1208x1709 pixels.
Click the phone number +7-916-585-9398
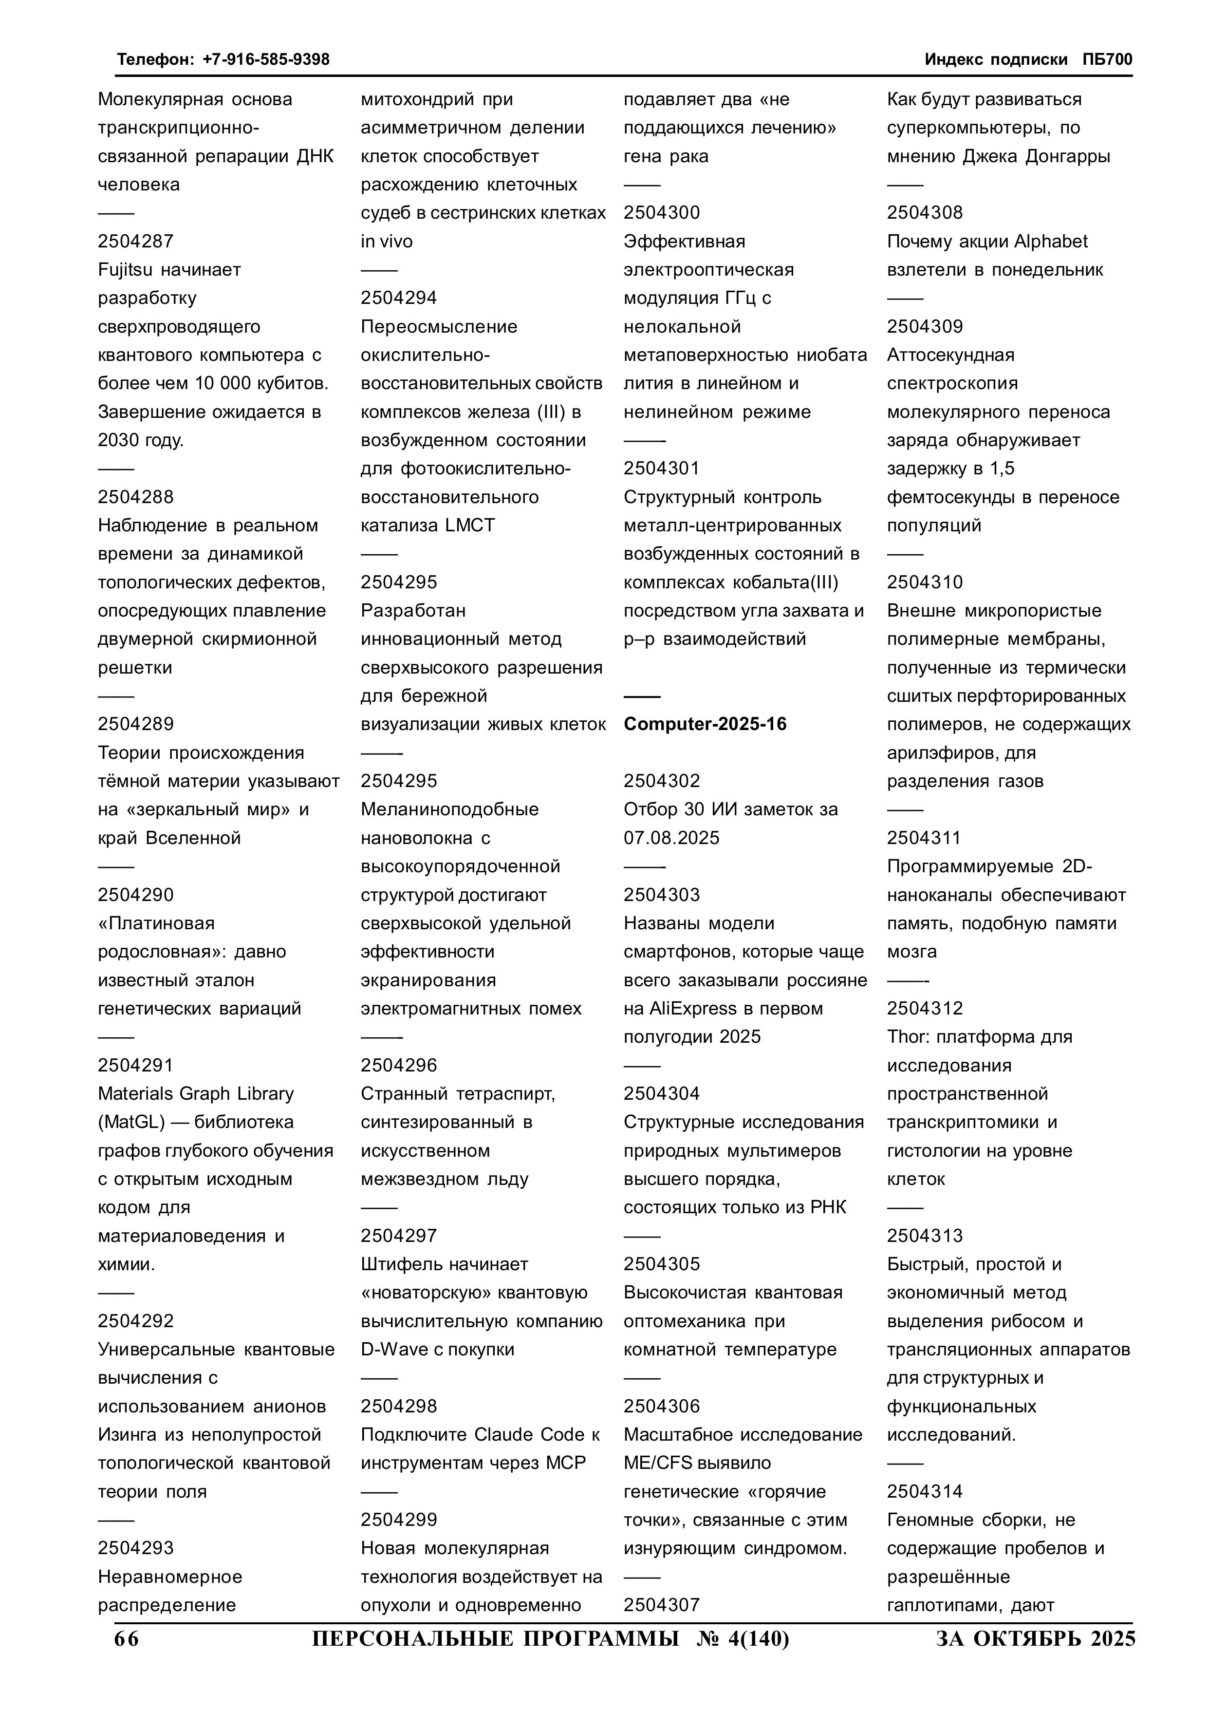point(266,59)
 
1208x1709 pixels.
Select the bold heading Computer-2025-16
point(705,724)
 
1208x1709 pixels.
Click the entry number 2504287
point(135,241)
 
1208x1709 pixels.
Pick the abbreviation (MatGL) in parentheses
point(131,1122)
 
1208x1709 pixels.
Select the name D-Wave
point(394,1350)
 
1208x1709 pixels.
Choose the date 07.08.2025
point(671,838)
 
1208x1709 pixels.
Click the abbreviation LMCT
point(470,526)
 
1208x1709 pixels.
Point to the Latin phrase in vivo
point(386,241)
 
